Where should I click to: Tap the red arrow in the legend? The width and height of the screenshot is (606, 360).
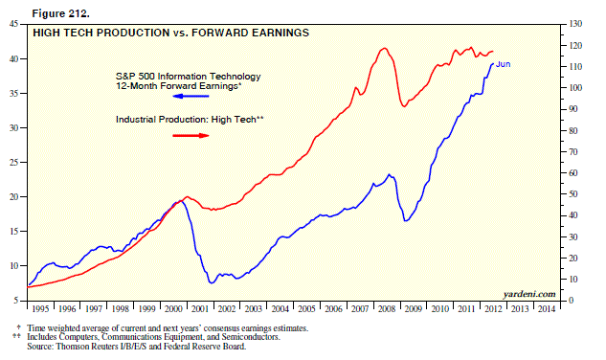click(x=191, y=136)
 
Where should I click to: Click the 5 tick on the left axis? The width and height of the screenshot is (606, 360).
click(x=20, y=302)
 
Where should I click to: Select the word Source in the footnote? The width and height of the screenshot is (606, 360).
click(x=49, y=347)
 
